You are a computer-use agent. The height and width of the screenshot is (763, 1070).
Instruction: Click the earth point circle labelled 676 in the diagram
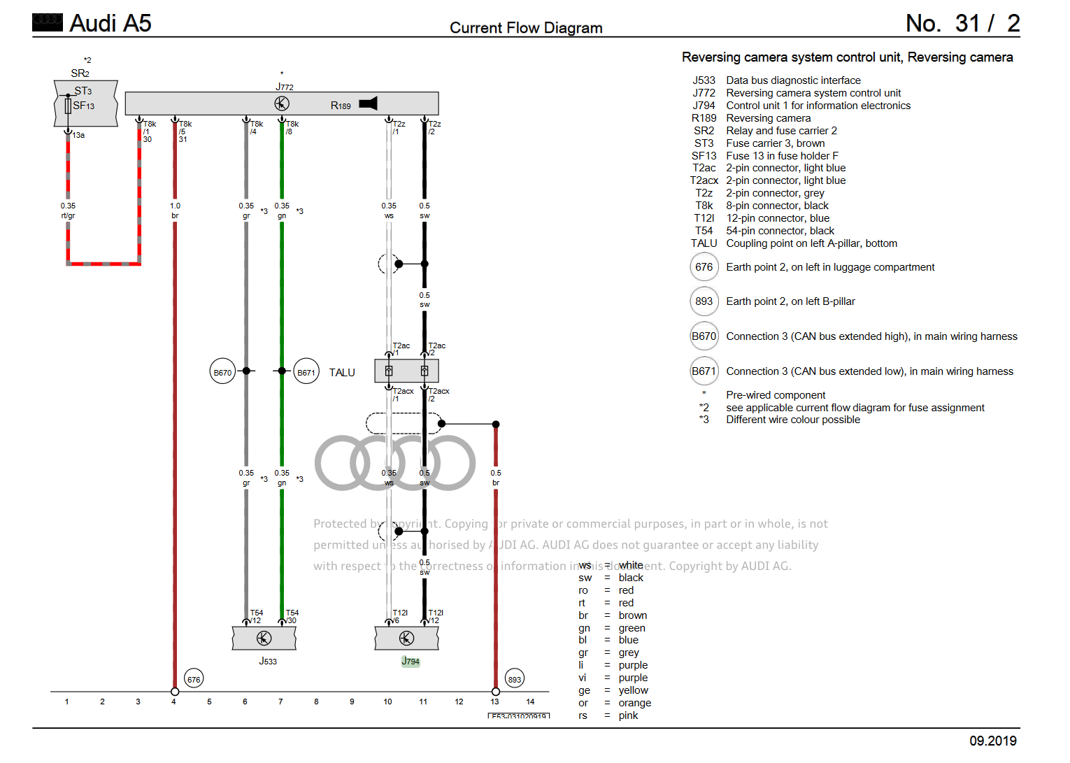tap(194, 679)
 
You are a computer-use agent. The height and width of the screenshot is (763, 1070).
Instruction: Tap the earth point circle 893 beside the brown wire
tap(515, 679)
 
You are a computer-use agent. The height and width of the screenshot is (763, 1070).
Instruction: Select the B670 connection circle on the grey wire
tap(222, 372)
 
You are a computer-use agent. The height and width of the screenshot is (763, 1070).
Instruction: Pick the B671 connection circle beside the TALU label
tap(306, 372)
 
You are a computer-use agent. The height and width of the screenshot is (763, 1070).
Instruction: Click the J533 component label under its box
tap(268, 661)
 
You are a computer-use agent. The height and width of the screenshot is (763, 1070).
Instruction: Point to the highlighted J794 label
tap(411, 661)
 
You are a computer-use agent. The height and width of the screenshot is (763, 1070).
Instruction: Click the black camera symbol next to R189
tap(369, 104)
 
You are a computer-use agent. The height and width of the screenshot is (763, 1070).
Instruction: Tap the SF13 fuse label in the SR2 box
tap(83, 106)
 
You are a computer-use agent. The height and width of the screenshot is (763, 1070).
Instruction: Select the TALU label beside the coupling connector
tap(342, 373)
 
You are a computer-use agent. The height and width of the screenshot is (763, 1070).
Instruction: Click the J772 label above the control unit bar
tap(285, 87)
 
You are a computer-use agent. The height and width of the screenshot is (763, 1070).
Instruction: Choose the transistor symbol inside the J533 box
tap(264, 638)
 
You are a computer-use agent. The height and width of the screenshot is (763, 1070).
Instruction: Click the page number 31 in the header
tap(968, 23)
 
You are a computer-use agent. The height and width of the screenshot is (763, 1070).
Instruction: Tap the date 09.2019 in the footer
tap(993, 741)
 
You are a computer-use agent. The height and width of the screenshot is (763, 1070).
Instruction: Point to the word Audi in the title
tap(93, 23)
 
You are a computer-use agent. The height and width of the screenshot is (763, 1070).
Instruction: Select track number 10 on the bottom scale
tap(387, 701)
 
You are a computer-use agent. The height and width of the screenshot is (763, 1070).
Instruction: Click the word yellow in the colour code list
tap(633, 690)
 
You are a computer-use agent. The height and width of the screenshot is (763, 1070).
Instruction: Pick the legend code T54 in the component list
tap(704, 231)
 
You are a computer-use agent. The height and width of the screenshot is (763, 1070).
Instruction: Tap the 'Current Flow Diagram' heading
tap(526, 28)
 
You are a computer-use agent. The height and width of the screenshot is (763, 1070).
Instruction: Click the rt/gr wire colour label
tap(68, 215)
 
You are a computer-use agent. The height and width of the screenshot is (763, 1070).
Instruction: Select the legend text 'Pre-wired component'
tap(776, 395)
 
